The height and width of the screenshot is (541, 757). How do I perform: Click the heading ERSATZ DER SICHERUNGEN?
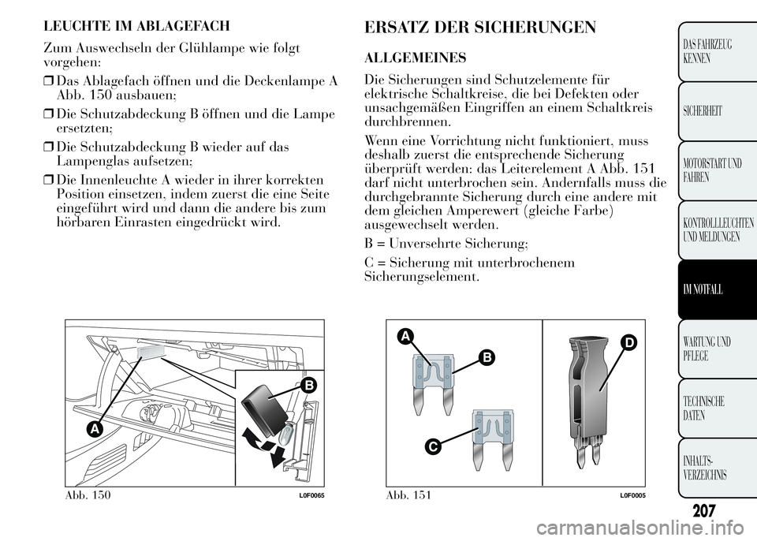pyautogui.click(x=480, y=28)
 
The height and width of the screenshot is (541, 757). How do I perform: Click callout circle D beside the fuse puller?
pyautogui.click(x=628, y=344)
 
